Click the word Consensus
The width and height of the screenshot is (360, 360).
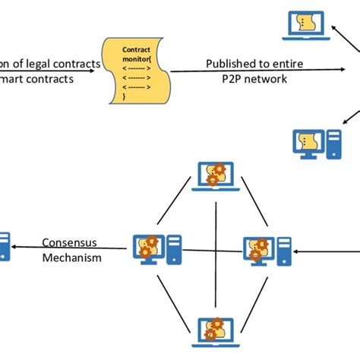[71, 243]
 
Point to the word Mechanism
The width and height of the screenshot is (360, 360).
[72, 257]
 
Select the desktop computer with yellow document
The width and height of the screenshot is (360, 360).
[314, 143]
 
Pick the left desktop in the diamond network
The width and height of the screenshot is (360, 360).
[155, 248]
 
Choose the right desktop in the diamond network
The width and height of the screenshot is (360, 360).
[265, 249]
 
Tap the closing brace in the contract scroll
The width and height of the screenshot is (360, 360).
[125, 97]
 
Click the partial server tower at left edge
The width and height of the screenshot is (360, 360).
[4, 246]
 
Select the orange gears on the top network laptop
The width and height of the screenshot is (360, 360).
[216, 174]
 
